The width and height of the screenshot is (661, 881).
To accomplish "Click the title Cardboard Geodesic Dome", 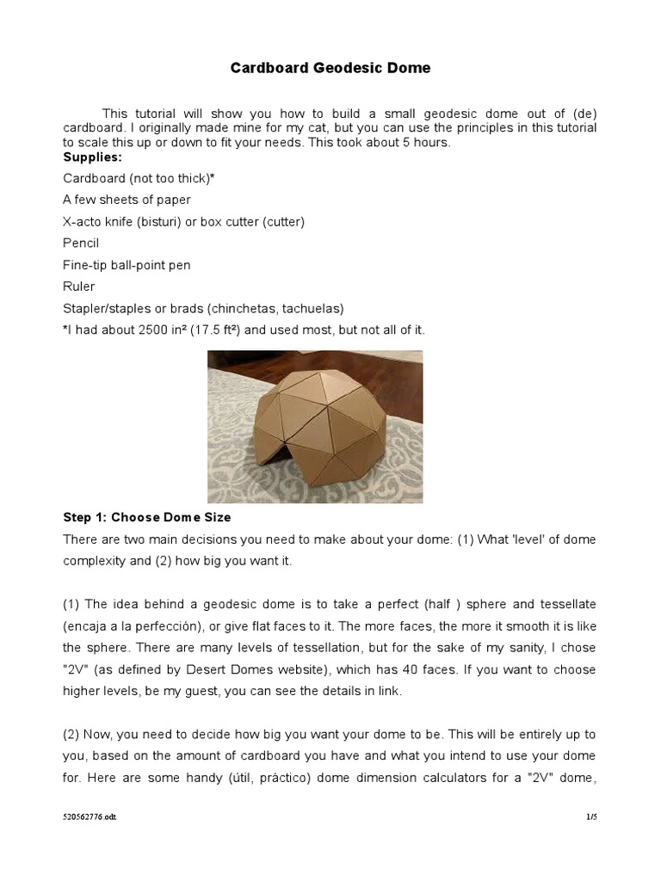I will coord(330,68).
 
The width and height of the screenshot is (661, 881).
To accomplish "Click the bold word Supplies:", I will coord(92,157).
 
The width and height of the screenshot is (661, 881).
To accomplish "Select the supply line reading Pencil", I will coord(81,243).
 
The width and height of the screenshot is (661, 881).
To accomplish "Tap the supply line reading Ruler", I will coord(79,286).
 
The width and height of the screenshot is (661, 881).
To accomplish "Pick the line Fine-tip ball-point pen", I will coord(127,265).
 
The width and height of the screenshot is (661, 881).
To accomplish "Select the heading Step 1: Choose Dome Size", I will coord(147,518).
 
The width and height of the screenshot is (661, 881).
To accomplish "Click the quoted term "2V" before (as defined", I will coord(77,669).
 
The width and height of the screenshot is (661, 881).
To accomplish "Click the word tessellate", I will coord(566,604).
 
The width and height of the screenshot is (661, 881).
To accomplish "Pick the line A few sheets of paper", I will coord(127,200).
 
